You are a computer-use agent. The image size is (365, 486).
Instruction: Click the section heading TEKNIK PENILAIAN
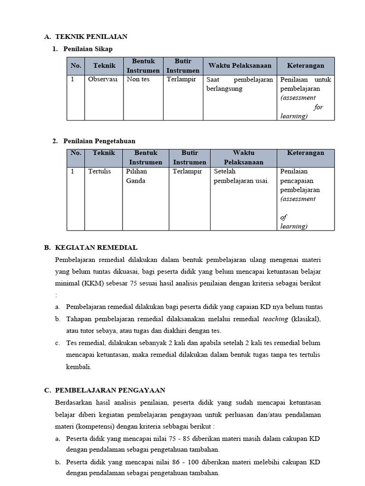91,37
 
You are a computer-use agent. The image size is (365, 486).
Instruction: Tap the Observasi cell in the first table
103,80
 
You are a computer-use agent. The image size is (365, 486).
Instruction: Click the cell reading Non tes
138,80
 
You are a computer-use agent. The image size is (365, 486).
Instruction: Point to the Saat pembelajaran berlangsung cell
240,84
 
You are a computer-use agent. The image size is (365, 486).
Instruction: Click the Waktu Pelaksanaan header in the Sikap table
240,65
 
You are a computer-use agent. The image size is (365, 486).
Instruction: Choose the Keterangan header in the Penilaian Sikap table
306,65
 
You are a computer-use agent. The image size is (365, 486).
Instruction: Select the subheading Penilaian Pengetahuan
99,141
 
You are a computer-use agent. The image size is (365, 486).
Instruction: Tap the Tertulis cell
99,171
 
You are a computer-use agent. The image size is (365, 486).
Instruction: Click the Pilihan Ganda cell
136,176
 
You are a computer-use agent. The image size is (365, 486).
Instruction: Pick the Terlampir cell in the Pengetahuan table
187,171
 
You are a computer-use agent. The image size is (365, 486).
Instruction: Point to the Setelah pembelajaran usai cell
241,176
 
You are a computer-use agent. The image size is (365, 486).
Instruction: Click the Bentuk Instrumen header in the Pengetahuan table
145,158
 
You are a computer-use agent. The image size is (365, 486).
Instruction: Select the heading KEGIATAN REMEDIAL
96,247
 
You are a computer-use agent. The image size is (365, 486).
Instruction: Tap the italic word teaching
275,319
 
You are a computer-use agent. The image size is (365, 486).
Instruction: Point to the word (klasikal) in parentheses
306,319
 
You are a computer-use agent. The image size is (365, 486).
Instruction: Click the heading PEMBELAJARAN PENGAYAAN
110,390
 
